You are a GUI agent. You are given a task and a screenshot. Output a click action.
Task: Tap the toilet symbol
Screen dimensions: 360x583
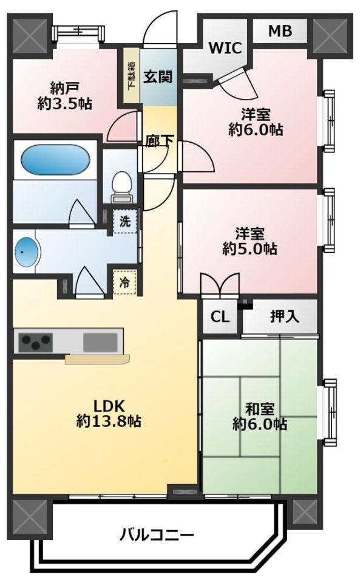point(121,186)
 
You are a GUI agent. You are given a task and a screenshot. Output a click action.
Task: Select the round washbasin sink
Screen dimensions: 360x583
point(26,253)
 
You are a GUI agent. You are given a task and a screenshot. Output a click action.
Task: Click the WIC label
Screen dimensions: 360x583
point(225,48)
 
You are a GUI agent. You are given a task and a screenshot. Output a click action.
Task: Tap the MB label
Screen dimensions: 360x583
point(280,31)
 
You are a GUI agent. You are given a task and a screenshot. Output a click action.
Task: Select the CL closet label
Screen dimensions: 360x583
point(220,317)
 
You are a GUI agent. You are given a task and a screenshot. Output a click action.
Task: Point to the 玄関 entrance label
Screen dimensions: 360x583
point(158,77)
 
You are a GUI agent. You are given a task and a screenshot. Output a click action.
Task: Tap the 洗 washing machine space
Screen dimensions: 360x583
point(125,222)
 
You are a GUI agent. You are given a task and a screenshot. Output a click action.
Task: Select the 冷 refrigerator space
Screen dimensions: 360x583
point(125,282)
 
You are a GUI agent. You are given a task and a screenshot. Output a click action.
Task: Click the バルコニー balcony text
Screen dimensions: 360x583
point(157,536)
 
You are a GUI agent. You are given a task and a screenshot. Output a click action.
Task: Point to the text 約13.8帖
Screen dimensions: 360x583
point(109,421)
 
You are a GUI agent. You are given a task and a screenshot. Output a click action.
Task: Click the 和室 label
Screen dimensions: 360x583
point(260,409)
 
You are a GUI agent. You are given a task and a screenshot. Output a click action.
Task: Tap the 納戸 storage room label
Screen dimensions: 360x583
point(64,88)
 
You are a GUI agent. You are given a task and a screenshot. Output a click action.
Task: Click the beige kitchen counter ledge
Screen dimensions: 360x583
point(97,358)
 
